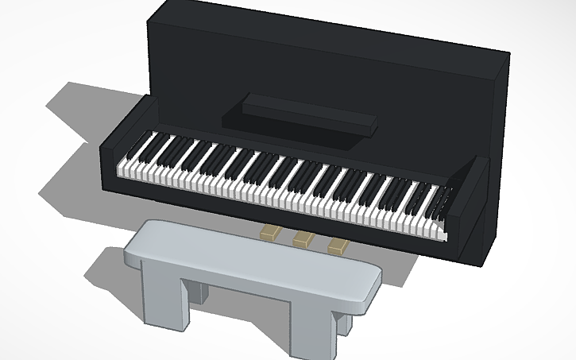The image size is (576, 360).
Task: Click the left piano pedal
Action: click(x=271, y=232)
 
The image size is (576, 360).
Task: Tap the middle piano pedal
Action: click(x=303, y=238)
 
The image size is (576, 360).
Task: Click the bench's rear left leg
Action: click(x=201, y=292)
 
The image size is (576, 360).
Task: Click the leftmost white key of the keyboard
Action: click(x=122, y=169)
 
